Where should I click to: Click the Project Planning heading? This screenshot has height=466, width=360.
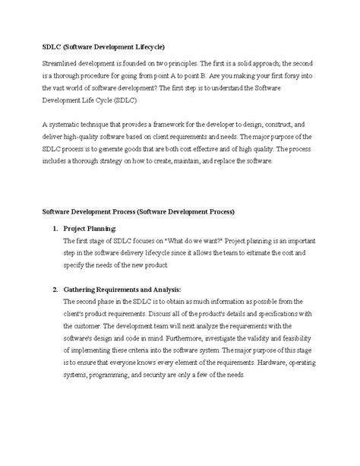pyautogui.click(x=90, y=228)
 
